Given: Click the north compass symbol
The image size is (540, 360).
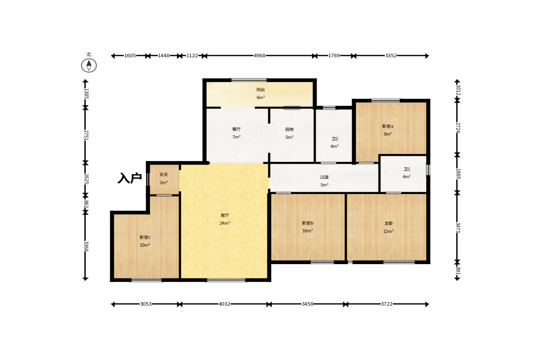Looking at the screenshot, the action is pyautogui.click(x=89, y=66).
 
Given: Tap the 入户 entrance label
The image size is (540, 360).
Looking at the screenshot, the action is pyautogui.click(x=129, y=178).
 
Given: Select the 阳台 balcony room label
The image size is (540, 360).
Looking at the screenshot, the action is pyautogui.click(x=261, y=90).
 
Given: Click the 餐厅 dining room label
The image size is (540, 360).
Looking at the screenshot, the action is pyautogui.click(x=236, y=129).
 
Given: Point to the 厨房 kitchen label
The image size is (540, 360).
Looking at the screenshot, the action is pyautogui.click(x=289, y=130).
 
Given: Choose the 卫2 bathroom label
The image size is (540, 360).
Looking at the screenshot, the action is pyautogui.click(x=335, y=139).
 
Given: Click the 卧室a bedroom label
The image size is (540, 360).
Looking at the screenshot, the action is pyautogui.click(x=388, y=126).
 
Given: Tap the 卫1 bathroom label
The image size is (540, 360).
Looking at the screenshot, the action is pyautogui.click(x=407, y=169).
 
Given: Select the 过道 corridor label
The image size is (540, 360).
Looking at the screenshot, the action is pyautogui.click(x=324, y=177).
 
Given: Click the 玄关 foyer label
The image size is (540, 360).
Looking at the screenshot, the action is pyautogui.click(x=164, y=175).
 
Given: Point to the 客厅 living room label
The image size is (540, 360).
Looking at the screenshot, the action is pyautogui.click(x=224, y=216).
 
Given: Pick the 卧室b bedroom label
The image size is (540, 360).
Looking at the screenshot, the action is pyautogui.click(x=307, y=223).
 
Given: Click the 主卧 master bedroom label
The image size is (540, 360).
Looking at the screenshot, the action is pyautogui.click(x=389, y=223).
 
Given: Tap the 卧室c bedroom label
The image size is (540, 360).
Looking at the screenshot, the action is pyautogui.click(x=145, y=238).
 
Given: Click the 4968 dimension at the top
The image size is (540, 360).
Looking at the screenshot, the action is pyautogui.click(x=260, y=56).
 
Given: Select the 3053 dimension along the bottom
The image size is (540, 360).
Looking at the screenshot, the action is pyautogui.click(x=146, y=304).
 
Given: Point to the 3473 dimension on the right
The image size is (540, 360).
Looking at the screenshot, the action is pyautogui.click(x=458, y=227).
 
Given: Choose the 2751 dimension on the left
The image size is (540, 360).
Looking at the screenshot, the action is pyautogui.click(x=86, y=135).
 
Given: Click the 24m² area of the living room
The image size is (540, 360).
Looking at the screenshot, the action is pyautogui.click(x=224, y=223).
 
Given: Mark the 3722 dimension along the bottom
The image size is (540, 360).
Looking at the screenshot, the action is pyautogui.click(x=386, y=304).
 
